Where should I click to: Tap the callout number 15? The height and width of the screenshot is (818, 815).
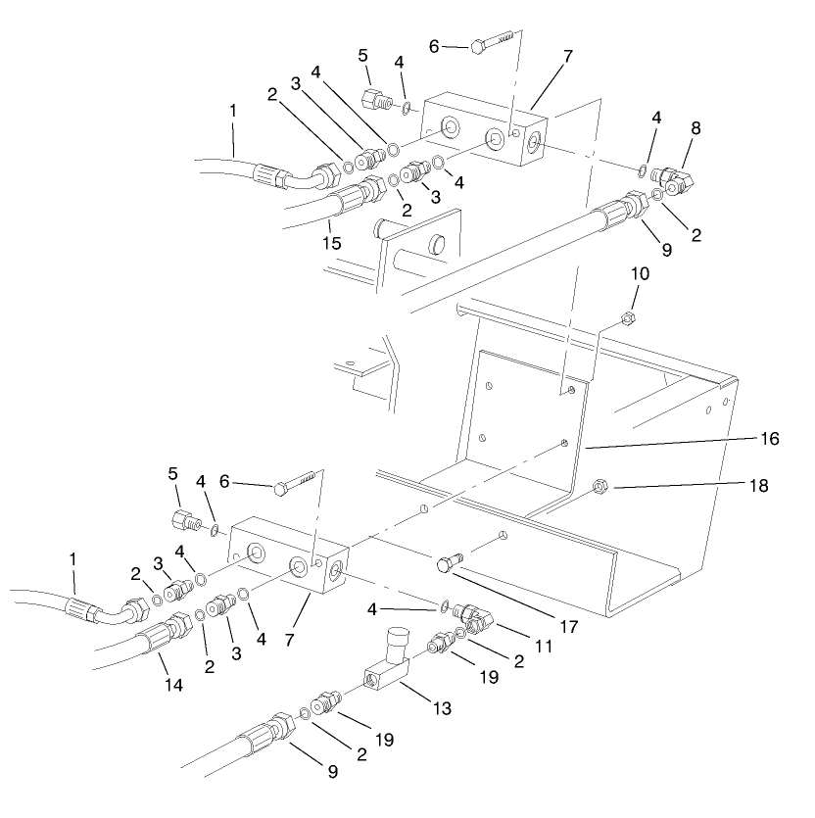[x=332, y=242]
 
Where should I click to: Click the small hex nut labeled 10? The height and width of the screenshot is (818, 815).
[x=628, y=318]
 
